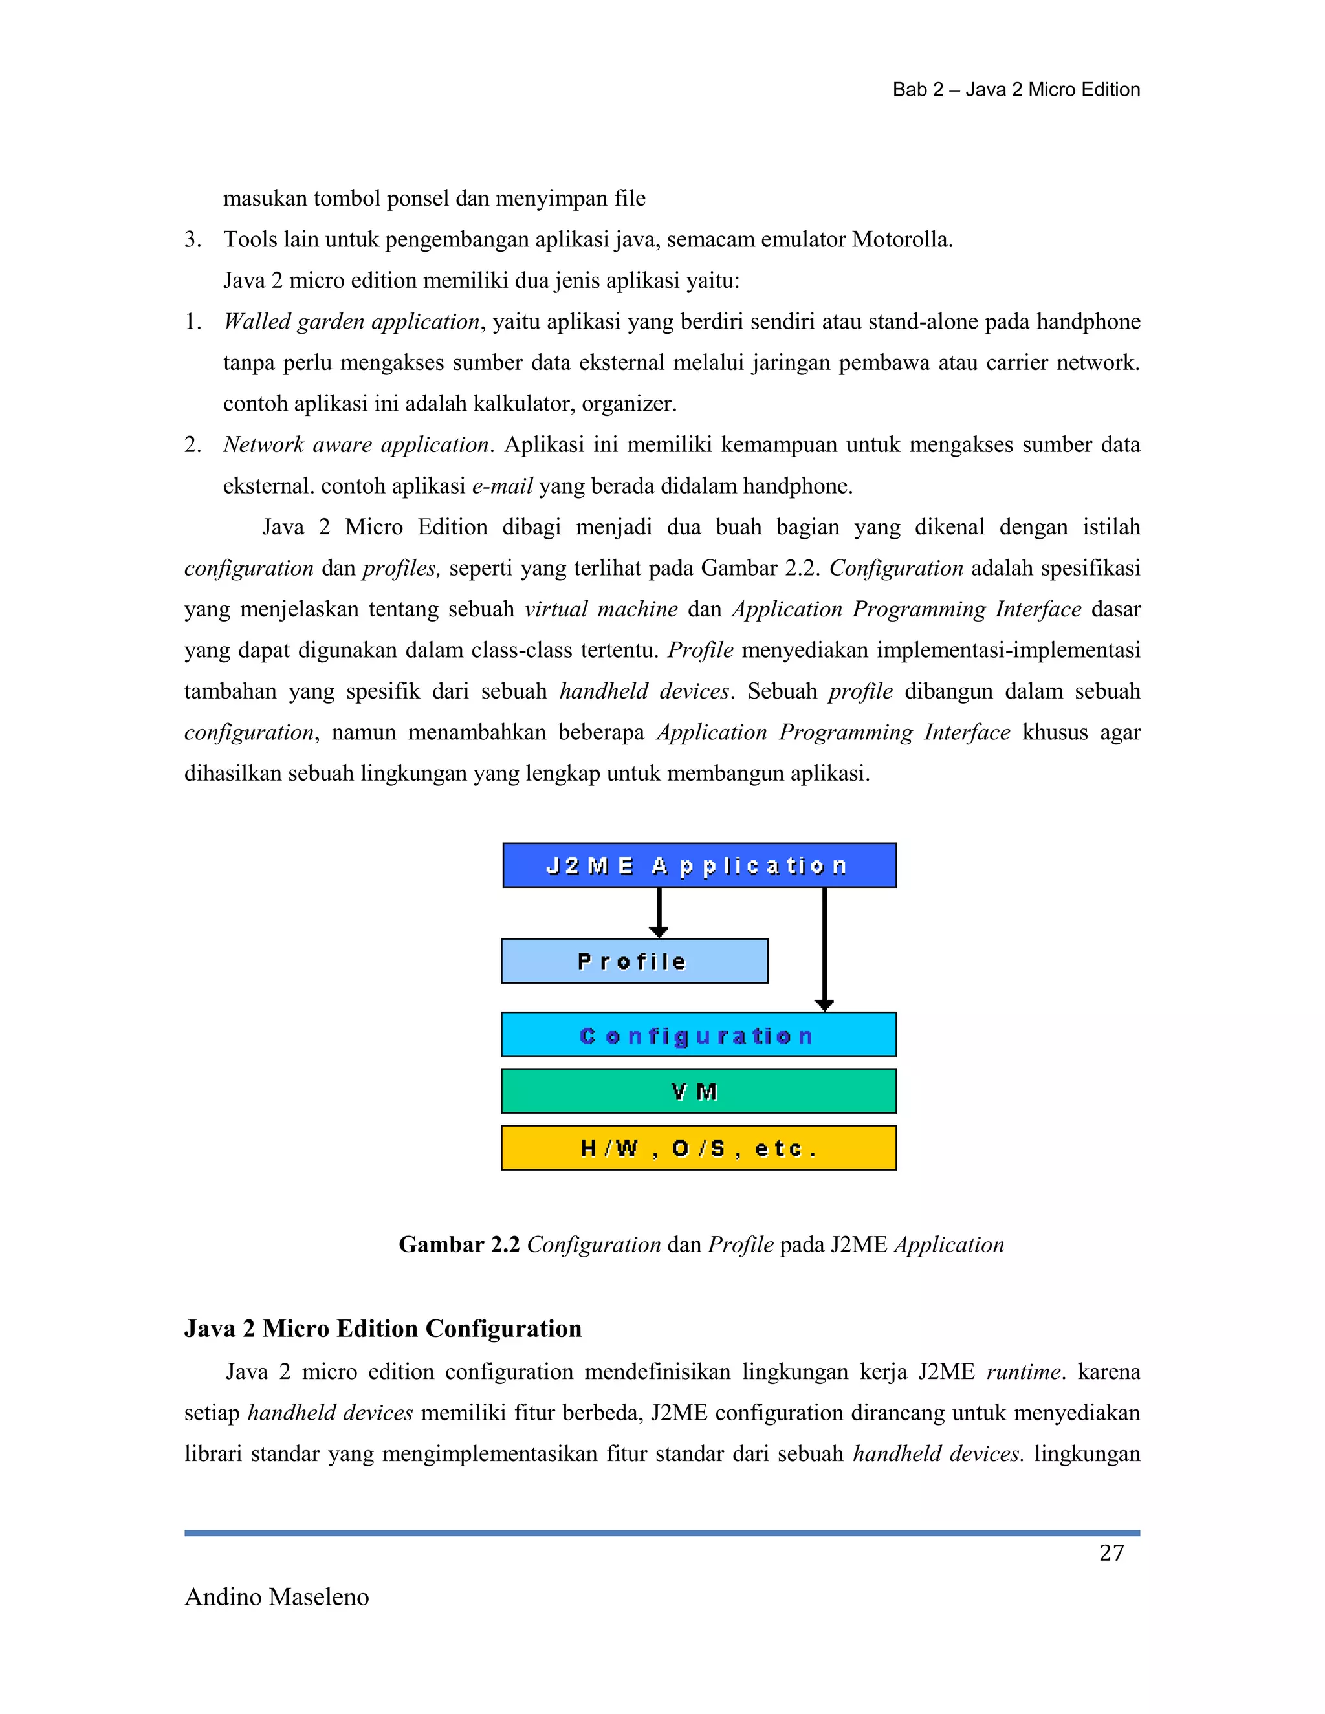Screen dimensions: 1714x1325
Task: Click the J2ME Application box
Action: tap(699, 865)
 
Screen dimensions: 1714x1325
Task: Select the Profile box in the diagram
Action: tap(634, 960)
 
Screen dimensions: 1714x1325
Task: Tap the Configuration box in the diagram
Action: tap(699, 1034)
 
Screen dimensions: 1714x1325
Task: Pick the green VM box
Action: tap(699, 1091)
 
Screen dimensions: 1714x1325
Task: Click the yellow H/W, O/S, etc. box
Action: tap(699, 1147)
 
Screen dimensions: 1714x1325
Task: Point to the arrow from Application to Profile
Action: tap(659, 912)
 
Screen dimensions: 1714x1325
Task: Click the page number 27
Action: tap(1111, 1552)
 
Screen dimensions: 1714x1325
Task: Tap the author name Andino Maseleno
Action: tap(276, 1596)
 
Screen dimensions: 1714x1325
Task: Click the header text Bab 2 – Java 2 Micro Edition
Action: tap(1016, 89)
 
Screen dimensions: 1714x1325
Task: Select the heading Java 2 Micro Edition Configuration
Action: tap(383, 1328)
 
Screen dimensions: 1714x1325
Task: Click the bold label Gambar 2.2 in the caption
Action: tap(459, 1244)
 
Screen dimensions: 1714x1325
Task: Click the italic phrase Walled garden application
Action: tap(351, 321)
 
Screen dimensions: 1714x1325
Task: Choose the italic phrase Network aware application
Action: tap(356, 445)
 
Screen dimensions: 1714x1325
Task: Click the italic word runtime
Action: tap(1024, 1371)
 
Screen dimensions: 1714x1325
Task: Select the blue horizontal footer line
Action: tap(662, 1532)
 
